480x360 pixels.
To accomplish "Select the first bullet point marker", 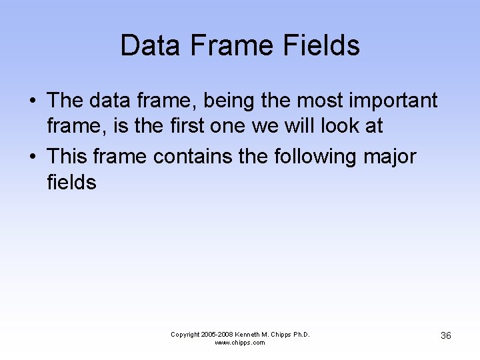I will coord(32,101).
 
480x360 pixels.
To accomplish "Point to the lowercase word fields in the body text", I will coord(72,182).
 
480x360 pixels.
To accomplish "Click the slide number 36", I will coord(446,335).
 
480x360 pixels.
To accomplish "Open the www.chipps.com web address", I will coord(240,343).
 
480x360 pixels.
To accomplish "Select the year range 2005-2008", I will coord(217,334).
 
